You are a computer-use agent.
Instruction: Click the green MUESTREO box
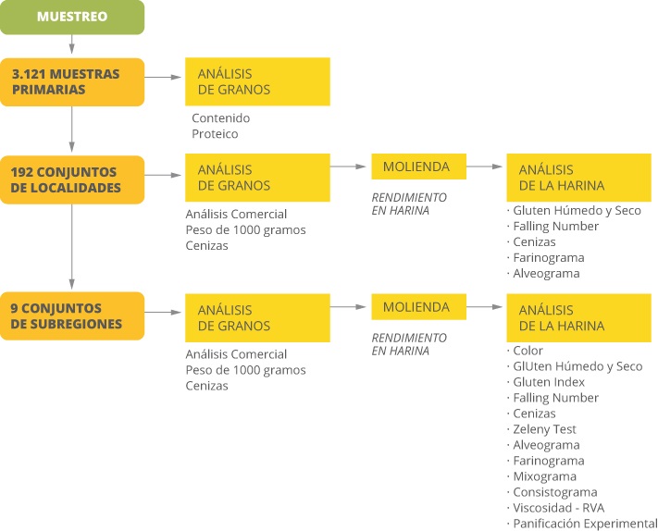pos(72,17)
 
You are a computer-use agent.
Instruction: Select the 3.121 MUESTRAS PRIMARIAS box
pos(72,82)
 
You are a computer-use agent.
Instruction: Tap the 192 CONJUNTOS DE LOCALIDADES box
pos(72,180)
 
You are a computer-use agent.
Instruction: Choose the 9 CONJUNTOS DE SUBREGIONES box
pos(72,315)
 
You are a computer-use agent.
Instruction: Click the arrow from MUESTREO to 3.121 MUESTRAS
pos(72,44)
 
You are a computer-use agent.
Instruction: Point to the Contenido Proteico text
pos(221,126)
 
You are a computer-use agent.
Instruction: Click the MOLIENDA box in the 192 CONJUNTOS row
pos(419,167)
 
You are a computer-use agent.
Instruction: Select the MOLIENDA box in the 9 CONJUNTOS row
pos(419,306)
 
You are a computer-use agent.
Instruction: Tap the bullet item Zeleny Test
pos(541,429)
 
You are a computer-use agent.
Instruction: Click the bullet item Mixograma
pos(541,476)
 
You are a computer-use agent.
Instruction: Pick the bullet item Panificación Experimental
pos(582,524)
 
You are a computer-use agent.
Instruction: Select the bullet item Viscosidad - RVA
pos(555,508)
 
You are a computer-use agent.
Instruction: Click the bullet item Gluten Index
pos(546,382)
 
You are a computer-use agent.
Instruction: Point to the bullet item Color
pos(525,351)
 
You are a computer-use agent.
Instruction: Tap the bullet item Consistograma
pos(552,492)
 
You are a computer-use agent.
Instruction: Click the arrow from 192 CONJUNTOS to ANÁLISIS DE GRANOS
pos(163,175)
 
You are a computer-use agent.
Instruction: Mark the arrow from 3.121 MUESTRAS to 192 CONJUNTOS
pos(72,129)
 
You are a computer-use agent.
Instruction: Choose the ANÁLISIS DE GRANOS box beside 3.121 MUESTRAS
pos(257,81)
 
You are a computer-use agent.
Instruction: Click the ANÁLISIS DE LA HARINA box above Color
pos(579,318)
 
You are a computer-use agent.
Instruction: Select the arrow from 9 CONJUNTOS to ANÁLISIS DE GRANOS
pos(163,312)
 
